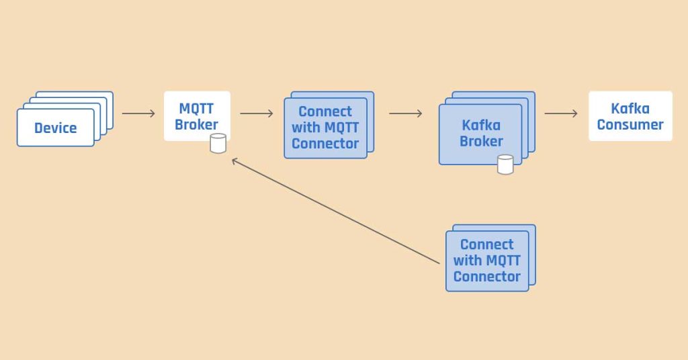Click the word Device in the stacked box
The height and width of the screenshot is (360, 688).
[x=56, y=128]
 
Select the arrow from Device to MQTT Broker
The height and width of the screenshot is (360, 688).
[x=138, y=114]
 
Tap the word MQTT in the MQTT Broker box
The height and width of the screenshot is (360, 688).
[x=196, y=109]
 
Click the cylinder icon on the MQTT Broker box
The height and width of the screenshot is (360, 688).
[x=218, y=143]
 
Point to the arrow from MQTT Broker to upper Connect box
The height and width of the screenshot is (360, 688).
[x=256, y=114]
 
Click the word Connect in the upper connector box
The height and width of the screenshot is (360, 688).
[x=325, y=111]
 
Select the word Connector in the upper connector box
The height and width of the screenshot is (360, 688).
[x=325, y=143]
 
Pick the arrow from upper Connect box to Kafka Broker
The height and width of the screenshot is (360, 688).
[x=405, y=114]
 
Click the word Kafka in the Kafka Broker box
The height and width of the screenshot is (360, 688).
[x=481, y=125]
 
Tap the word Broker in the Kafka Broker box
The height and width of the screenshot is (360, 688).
[x=481, y=141]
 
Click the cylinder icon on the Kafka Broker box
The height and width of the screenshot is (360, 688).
[x=505, y=164]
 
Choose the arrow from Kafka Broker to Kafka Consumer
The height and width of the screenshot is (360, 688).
[x=560, y=114]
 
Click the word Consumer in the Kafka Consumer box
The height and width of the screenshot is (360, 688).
[x=630, y=124]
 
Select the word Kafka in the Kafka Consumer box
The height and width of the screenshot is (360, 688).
[x=630, y=108]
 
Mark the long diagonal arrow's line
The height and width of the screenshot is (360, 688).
[x=336, y=210]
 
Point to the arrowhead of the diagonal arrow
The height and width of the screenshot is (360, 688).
[x=233, y=160]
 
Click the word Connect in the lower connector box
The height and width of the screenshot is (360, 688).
[x=487, y=244]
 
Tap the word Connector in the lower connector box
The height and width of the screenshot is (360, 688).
[x=487, y=276]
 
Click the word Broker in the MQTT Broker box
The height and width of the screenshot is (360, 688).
[x=196, y=125]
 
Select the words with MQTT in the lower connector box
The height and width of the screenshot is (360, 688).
[x=487, y=261]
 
